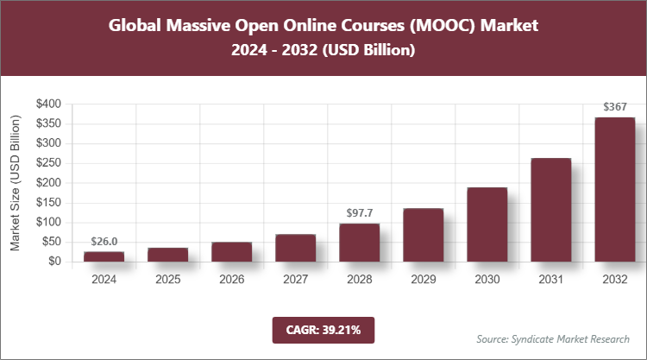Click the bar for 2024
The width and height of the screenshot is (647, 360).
click(x=104, y=256)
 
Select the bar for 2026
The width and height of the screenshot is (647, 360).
click(x=231, y=251)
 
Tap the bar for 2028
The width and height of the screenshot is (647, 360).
click(x=359, y=242)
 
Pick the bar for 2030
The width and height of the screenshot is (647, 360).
click(x=487, y=224)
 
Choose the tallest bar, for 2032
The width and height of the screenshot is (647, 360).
click(x=615, y=189)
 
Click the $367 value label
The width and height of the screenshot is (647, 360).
click(x=615, y=108)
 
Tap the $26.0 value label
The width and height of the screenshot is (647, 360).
click(x=104, y=242)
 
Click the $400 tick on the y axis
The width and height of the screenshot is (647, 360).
click(x=48, y=104)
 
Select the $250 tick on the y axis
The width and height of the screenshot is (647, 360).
click(x=48, y=163)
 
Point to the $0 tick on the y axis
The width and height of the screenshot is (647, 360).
click(x=54, y=262)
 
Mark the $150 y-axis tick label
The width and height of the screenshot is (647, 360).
click(x=48, y=203)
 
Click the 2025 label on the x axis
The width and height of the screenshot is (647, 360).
click(x=167, y=280)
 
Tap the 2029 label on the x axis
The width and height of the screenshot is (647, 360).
click(x=423, y=280)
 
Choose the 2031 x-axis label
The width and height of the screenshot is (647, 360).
click(x=550, y=280)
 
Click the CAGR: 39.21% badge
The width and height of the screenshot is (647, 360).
click(x=323, y=329)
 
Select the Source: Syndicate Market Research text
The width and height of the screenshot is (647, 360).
click(x=552, y=338)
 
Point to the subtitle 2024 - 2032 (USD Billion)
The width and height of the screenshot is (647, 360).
click(x=323, y=51)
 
